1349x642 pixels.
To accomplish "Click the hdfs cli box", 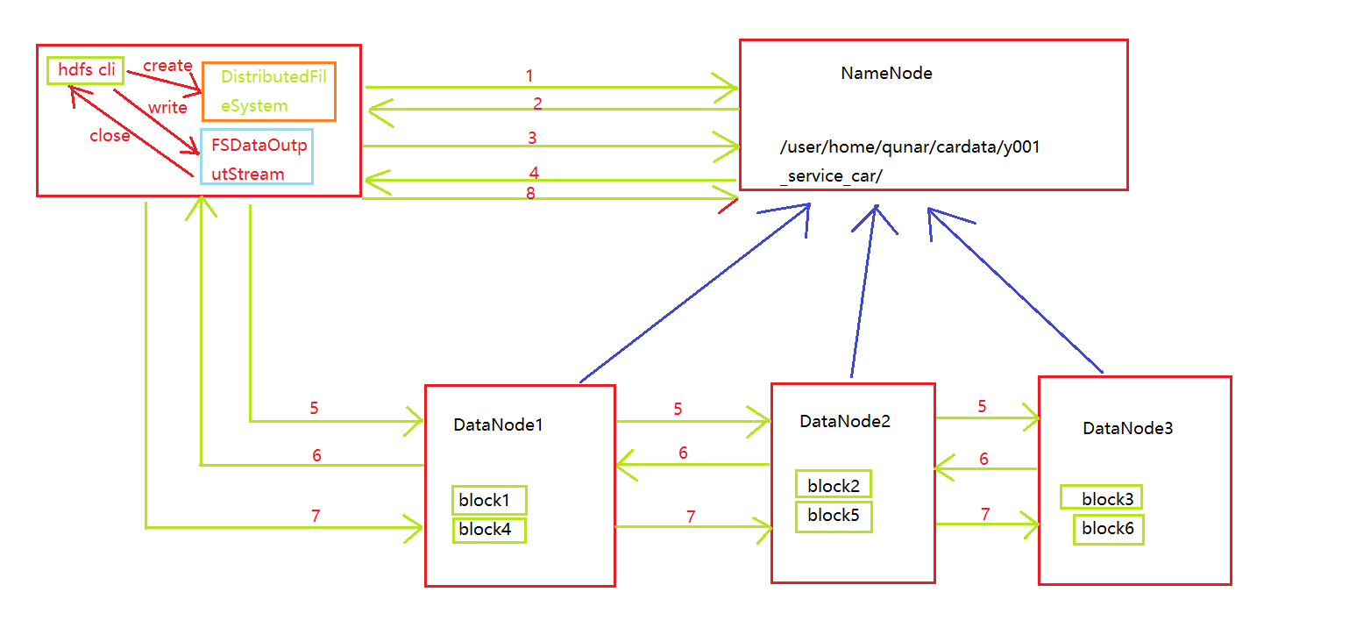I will (x=85, y=70).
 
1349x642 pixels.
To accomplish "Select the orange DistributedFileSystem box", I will (x=269, y=91).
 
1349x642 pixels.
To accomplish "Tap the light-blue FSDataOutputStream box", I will (x=256, y=157).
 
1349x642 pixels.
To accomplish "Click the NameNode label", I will (x=886, y=74).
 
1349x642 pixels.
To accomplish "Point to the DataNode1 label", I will (x=498, y=424).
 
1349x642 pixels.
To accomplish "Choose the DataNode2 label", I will (x=845, y=421).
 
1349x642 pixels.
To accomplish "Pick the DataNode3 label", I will (x=1127, y=428).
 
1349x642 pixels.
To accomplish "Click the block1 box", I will (x=489, y=500).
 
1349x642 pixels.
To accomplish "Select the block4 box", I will (x=489, y=529).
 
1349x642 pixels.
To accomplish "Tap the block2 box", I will (x=834, y=485).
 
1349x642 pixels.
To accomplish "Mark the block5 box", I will (x=834, y=516).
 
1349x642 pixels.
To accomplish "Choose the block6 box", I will (x=1108, y=529).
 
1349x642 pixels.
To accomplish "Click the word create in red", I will (x=167, y=66).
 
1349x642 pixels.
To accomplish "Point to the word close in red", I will (x=110, y=136).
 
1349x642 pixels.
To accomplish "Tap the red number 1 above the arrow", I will (x=529, y=76).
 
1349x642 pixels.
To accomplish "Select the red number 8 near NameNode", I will (x=530, y=194).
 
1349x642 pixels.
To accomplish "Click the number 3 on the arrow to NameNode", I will (x=532, y=138).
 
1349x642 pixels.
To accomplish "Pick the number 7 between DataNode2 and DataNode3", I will (x=985, y=515).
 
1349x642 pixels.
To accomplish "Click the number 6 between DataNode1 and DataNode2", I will (x=683, y=453).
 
